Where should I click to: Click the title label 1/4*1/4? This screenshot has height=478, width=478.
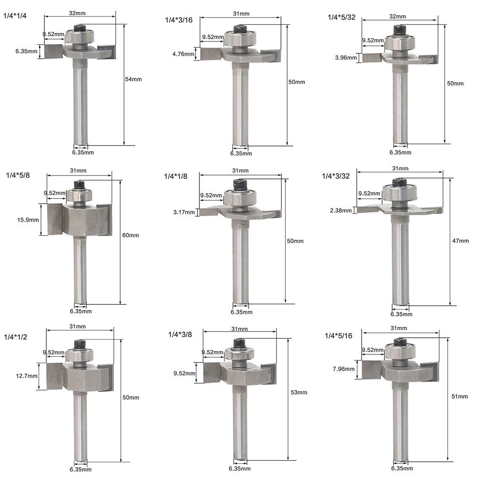pos(15,16)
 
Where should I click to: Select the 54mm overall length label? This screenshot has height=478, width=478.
pos(133,79)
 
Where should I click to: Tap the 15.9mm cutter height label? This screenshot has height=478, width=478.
pos(28,220)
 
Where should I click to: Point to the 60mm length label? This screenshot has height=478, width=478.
pos(131,235)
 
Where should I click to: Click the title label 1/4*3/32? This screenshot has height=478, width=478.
pos(336,176)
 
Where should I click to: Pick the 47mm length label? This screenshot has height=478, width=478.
pos(460,241)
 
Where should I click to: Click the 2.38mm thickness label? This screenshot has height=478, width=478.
pos(341,210)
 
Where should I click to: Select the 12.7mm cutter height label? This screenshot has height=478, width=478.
pos(27,376)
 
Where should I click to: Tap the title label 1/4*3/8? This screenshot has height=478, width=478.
pos(180,335)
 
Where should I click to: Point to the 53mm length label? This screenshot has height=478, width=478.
pos(299,392)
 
